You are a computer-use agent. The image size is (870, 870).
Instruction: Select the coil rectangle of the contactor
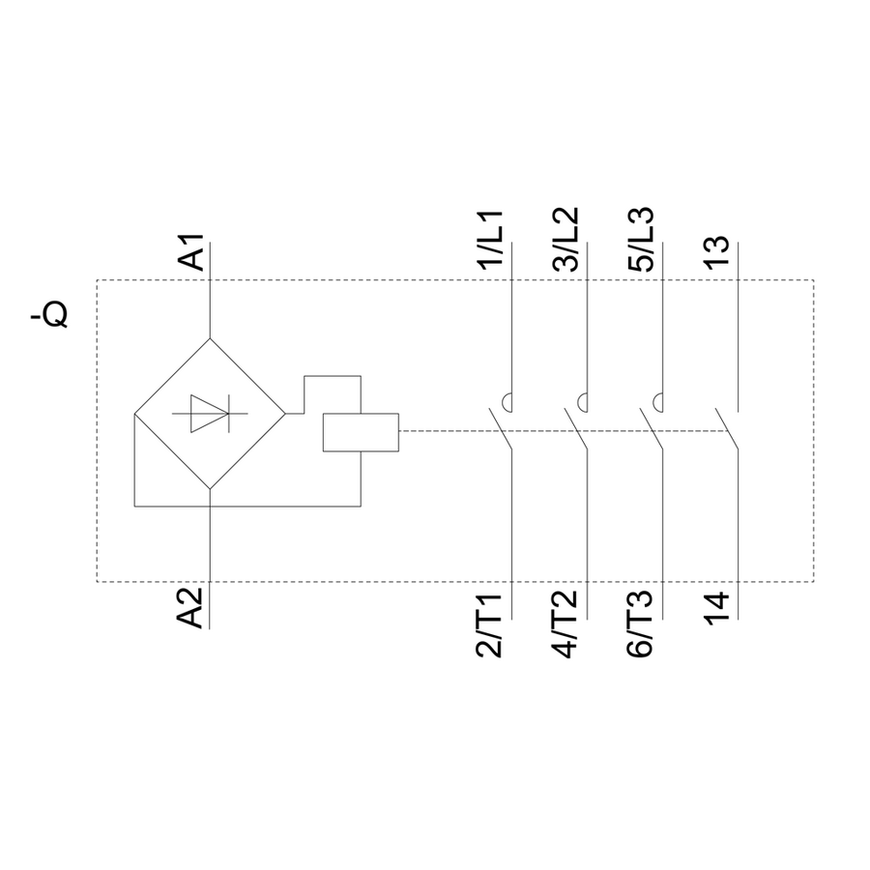click(x=360, y=432)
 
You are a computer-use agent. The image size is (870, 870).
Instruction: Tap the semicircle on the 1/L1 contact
click(x=506, y=401)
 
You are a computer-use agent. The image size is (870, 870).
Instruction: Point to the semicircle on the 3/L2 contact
click(x=582, y=401)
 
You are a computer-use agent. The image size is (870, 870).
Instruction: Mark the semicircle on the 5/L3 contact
click(x=657, y=401)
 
